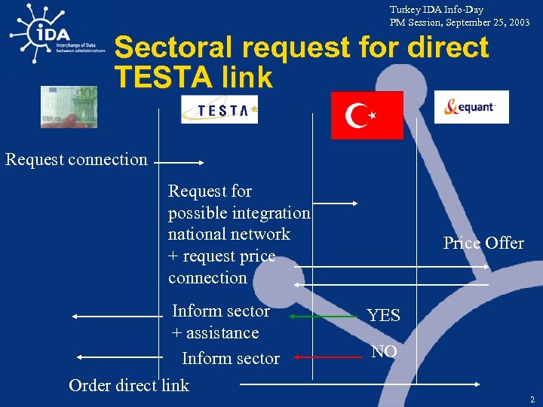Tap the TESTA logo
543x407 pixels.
pos(219,109)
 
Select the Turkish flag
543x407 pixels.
pos(367,115)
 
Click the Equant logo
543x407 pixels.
pos(471,107)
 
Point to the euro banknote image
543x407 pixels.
pos(70,106)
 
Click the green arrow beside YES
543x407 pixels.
pos(325,317)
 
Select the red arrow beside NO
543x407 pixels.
pos(327,357)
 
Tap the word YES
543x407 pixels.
pos(383,316)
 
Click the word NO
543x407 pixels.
pos(384,351)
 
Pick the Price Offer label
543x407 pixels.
pos(483,243)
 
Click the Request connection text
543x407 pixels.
pos(76,159)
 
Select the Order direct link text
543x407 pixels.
pos(129,385)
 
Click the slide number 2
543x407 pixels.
pos(532,399)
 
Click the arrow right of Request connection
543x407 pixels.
pos(181,161)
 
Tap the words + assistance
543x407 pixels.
pos(215,333)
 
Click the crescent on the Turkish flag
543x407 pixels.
pos(357,116)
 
